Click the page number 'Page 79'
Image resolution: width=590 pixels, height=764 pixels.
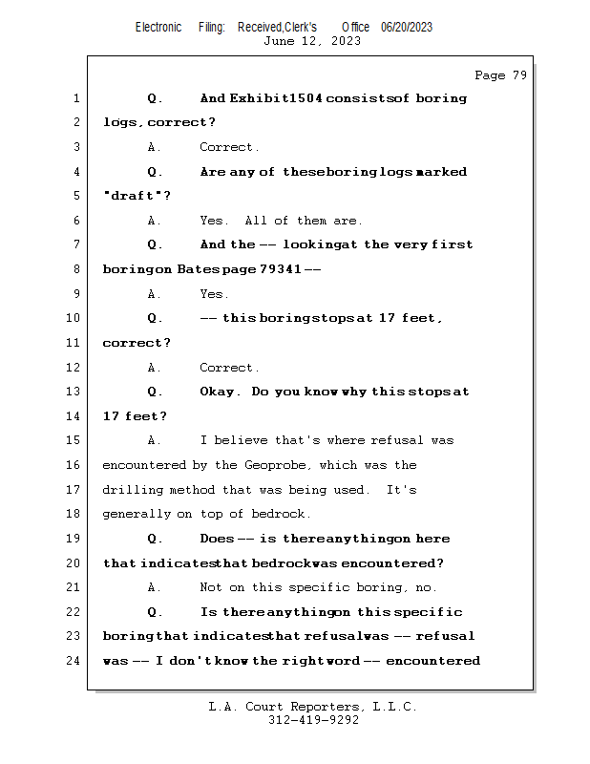coord(500,75)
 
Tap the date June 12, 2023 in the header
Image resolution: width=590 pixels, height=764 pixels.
coord(312,41)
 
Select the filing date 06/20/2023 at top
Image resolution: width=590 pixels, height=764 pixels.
coord(407,27)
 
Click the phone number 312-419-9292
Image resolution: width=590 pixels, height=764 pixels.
coord(313,720)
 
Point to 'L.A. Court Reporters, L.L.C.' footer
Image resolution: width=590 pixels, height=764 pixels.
coord(313,707)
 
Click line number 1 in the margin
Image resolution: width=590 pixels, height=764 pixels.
coord(75,98)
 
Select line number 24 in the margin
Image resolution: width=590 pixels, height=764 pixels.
coord(73,660)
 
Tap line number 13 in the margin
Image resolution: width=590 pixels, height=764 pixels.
coord(73,392)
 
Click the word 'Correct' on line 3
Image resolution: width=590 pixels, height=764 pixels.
coord(228,147)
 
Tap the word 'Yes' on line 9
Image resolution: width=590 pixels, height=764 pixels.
coord(213,294)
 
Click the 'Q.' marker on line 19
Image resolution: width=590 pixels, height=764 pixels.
coord(156,539)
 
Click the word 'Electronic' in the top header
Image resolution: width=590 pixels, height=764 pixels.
coord(158,27)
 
